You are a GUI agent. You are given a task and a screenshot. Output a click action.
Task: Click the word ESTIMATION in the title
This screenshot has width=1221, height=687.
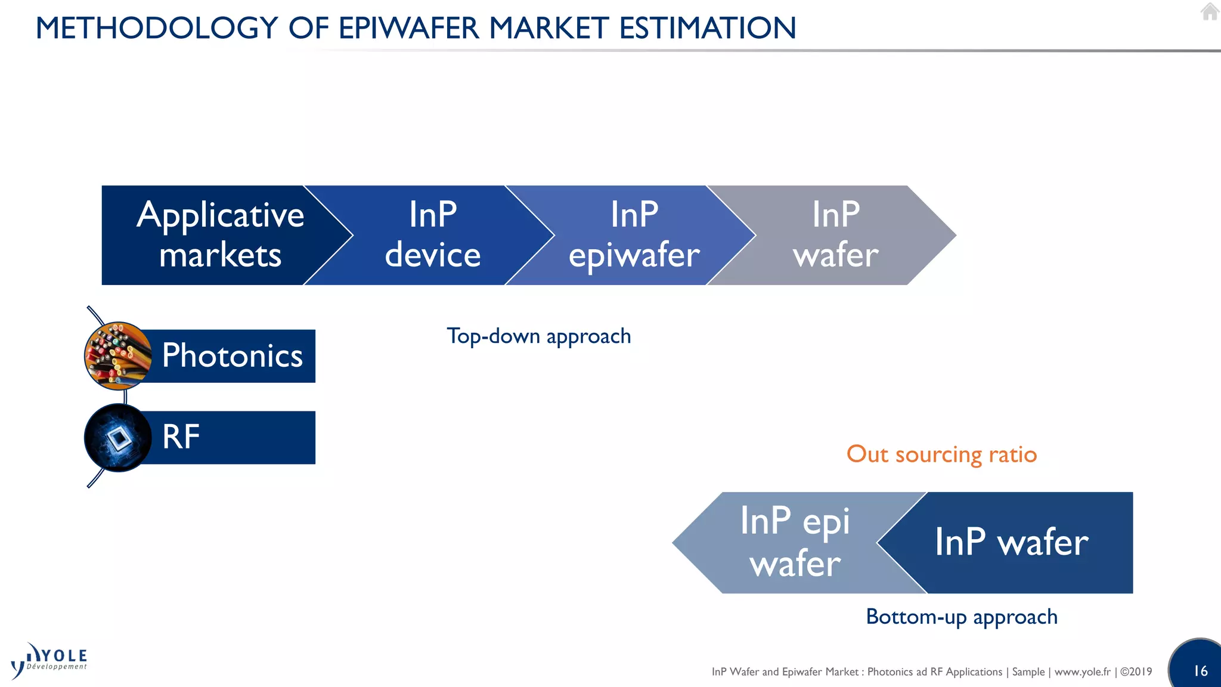tap(707, 28)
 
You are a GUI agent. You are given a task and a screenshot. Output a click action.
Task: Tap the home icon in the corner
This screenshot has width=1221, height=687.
tap(1209, 11)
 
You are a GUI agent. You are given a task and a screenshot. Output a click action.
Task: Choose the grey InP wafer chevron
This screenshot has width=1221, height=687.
tap(835, 235)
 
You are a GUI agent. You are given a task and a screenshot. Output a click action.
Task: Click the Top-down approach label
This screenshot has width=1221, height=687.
tap(538, 336)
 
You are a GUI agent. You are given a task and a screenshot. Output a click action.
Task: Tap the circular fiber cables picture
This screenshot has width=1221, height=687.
tap(118, 355)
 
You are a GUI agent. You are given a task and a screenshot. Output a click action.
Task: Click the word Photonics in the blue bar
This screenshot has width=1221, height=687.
tap(232, 356)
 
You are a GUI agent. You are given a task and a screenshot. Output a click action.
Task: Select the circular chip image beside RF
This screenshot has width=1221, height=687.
tap(118, 438)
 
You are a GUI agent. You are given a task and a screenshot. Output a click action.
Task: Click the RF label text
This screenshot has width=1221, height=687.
tap(181, 437)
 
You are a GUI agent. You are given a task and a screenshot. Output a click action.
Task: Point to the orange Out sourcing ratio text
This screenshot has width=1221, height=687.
tap(941, 454)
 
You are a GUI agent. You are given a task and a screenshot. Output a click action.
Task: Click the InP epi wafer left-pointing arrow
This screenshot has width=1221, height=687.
tap(787, 542)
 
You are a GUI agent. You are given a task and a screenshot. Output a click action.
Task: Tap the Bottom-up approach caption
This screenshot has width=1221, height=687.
tap(961, 617)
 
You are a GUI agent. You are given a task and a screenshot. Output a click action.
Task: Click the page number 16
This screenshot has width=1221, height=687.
tap(1200, 671)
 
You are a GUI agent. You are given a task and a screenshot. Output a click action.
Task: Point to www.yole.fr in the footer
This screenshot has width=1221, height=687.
tap(1082, 672)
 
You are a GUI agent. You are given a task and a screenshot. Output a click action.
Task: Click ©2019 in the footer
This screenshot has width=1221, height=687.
tap(1136, 672)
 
